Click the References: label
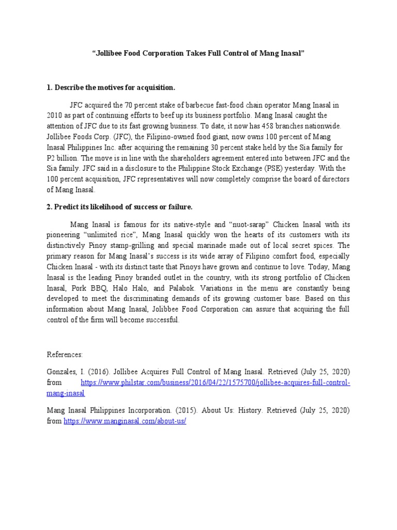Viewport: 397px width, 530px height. pos(65,355)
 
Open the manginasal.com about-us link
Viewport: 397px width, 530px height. pos(125,421)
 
